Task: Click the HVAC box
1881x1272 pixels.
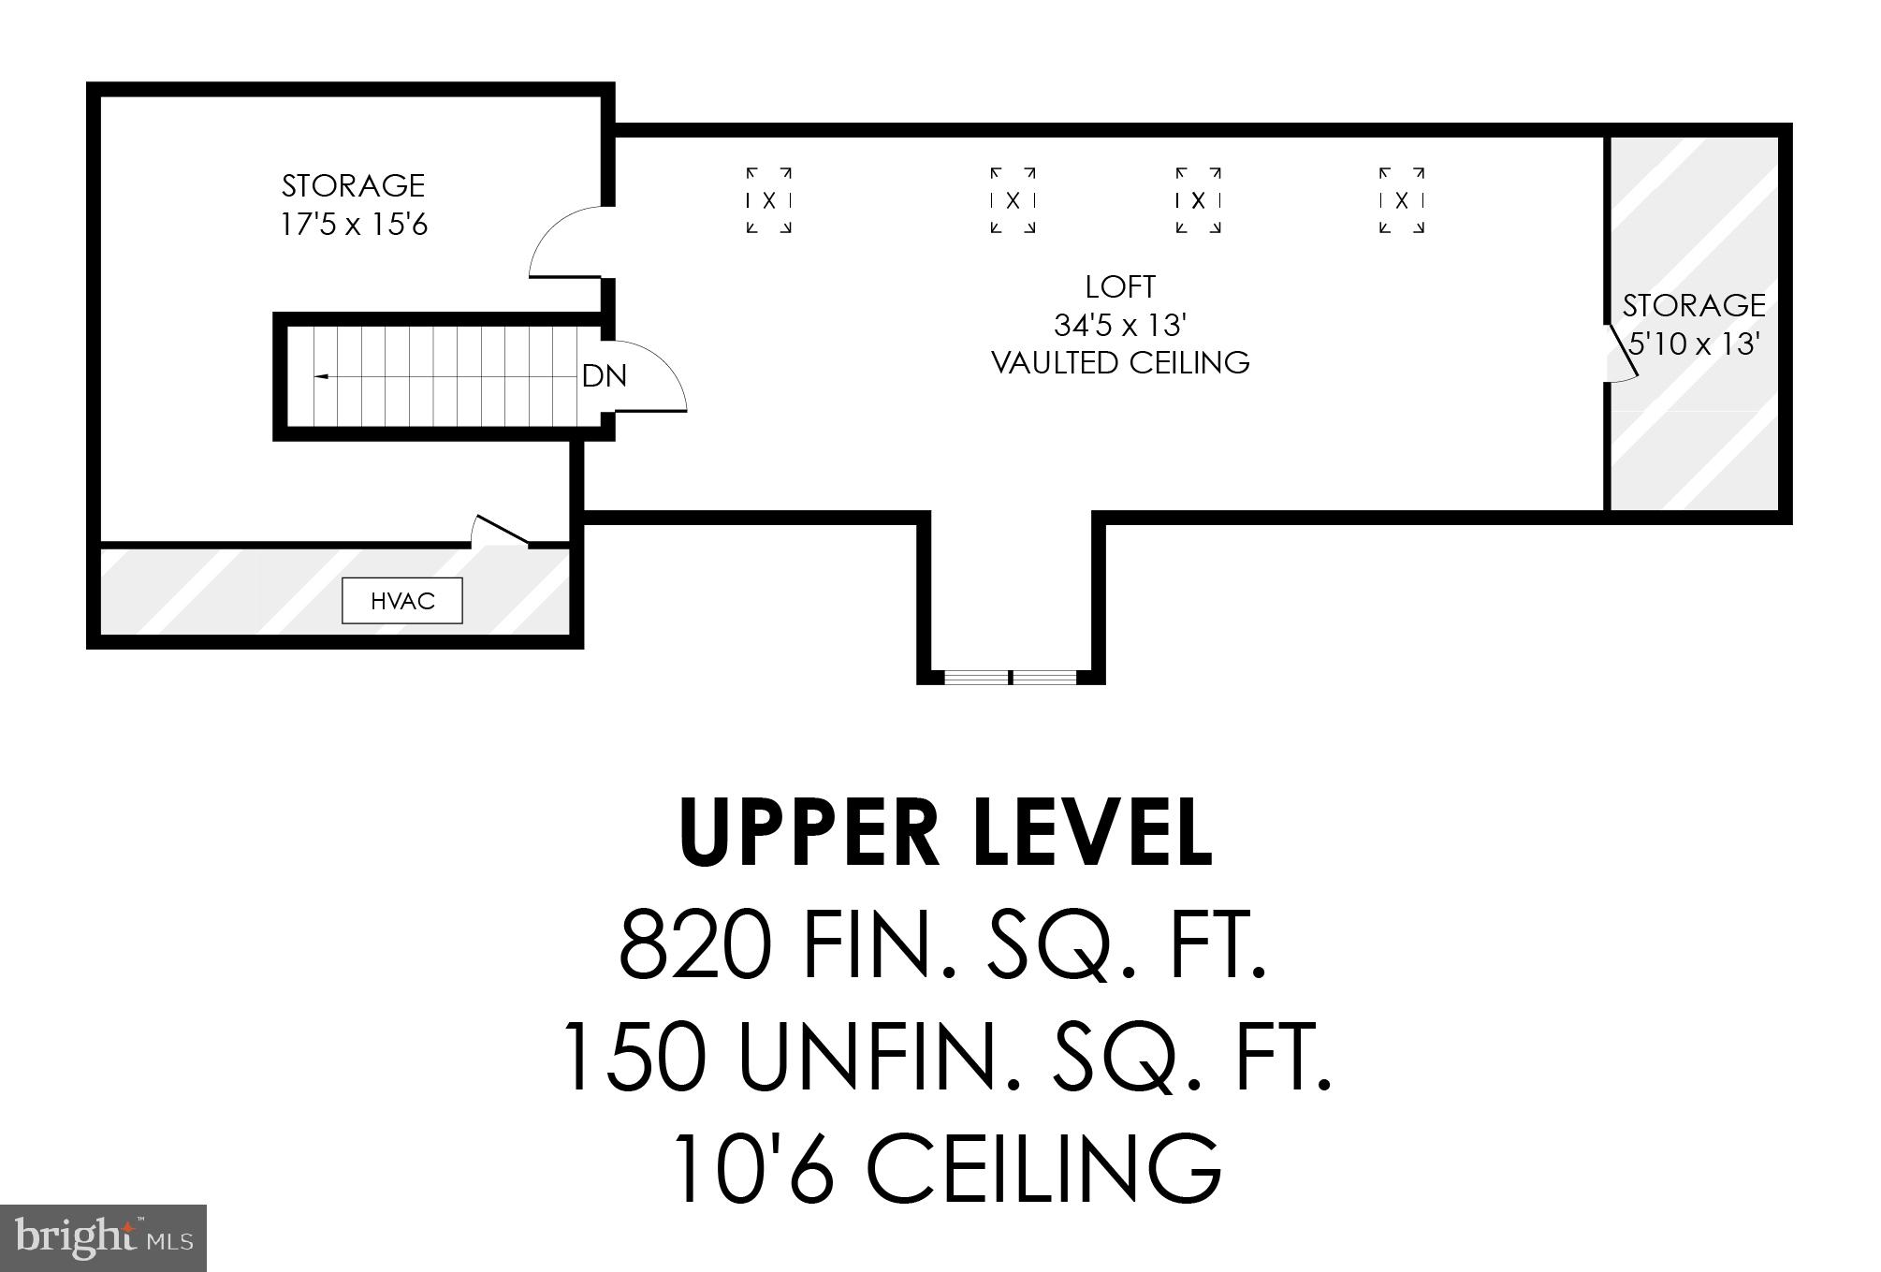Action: point(402,601)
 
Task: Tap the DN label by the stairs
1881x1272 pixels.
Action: point(604,376)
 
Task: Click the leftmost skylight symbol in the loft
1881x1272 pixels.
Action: point(769,199)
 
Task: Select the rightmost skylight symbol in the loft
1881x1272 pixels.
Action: point(1402,199)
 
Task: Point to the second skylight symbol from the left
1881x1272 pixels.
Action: point(1013,199)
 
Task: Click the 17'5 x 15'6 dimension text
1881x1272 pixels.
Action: point(354,226)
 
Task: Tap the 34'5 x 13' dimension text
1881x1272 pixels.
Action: point(1120,326)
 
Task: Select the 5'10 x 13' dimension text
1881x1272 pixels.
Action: point(1695,344)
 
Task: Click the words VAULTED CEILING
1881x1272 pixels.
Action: point(1120,363)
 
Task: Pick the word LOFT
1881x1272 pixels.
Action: point(1120,286)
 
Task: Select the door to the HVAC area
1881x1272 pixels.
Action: point(501,531)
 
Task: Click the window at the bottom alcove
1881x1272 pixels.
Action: point(1011,676)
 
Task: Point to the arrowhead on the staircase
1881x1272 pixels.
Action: point(320,376)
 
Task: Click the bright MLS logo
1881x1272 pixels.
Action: point(103,1237)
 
